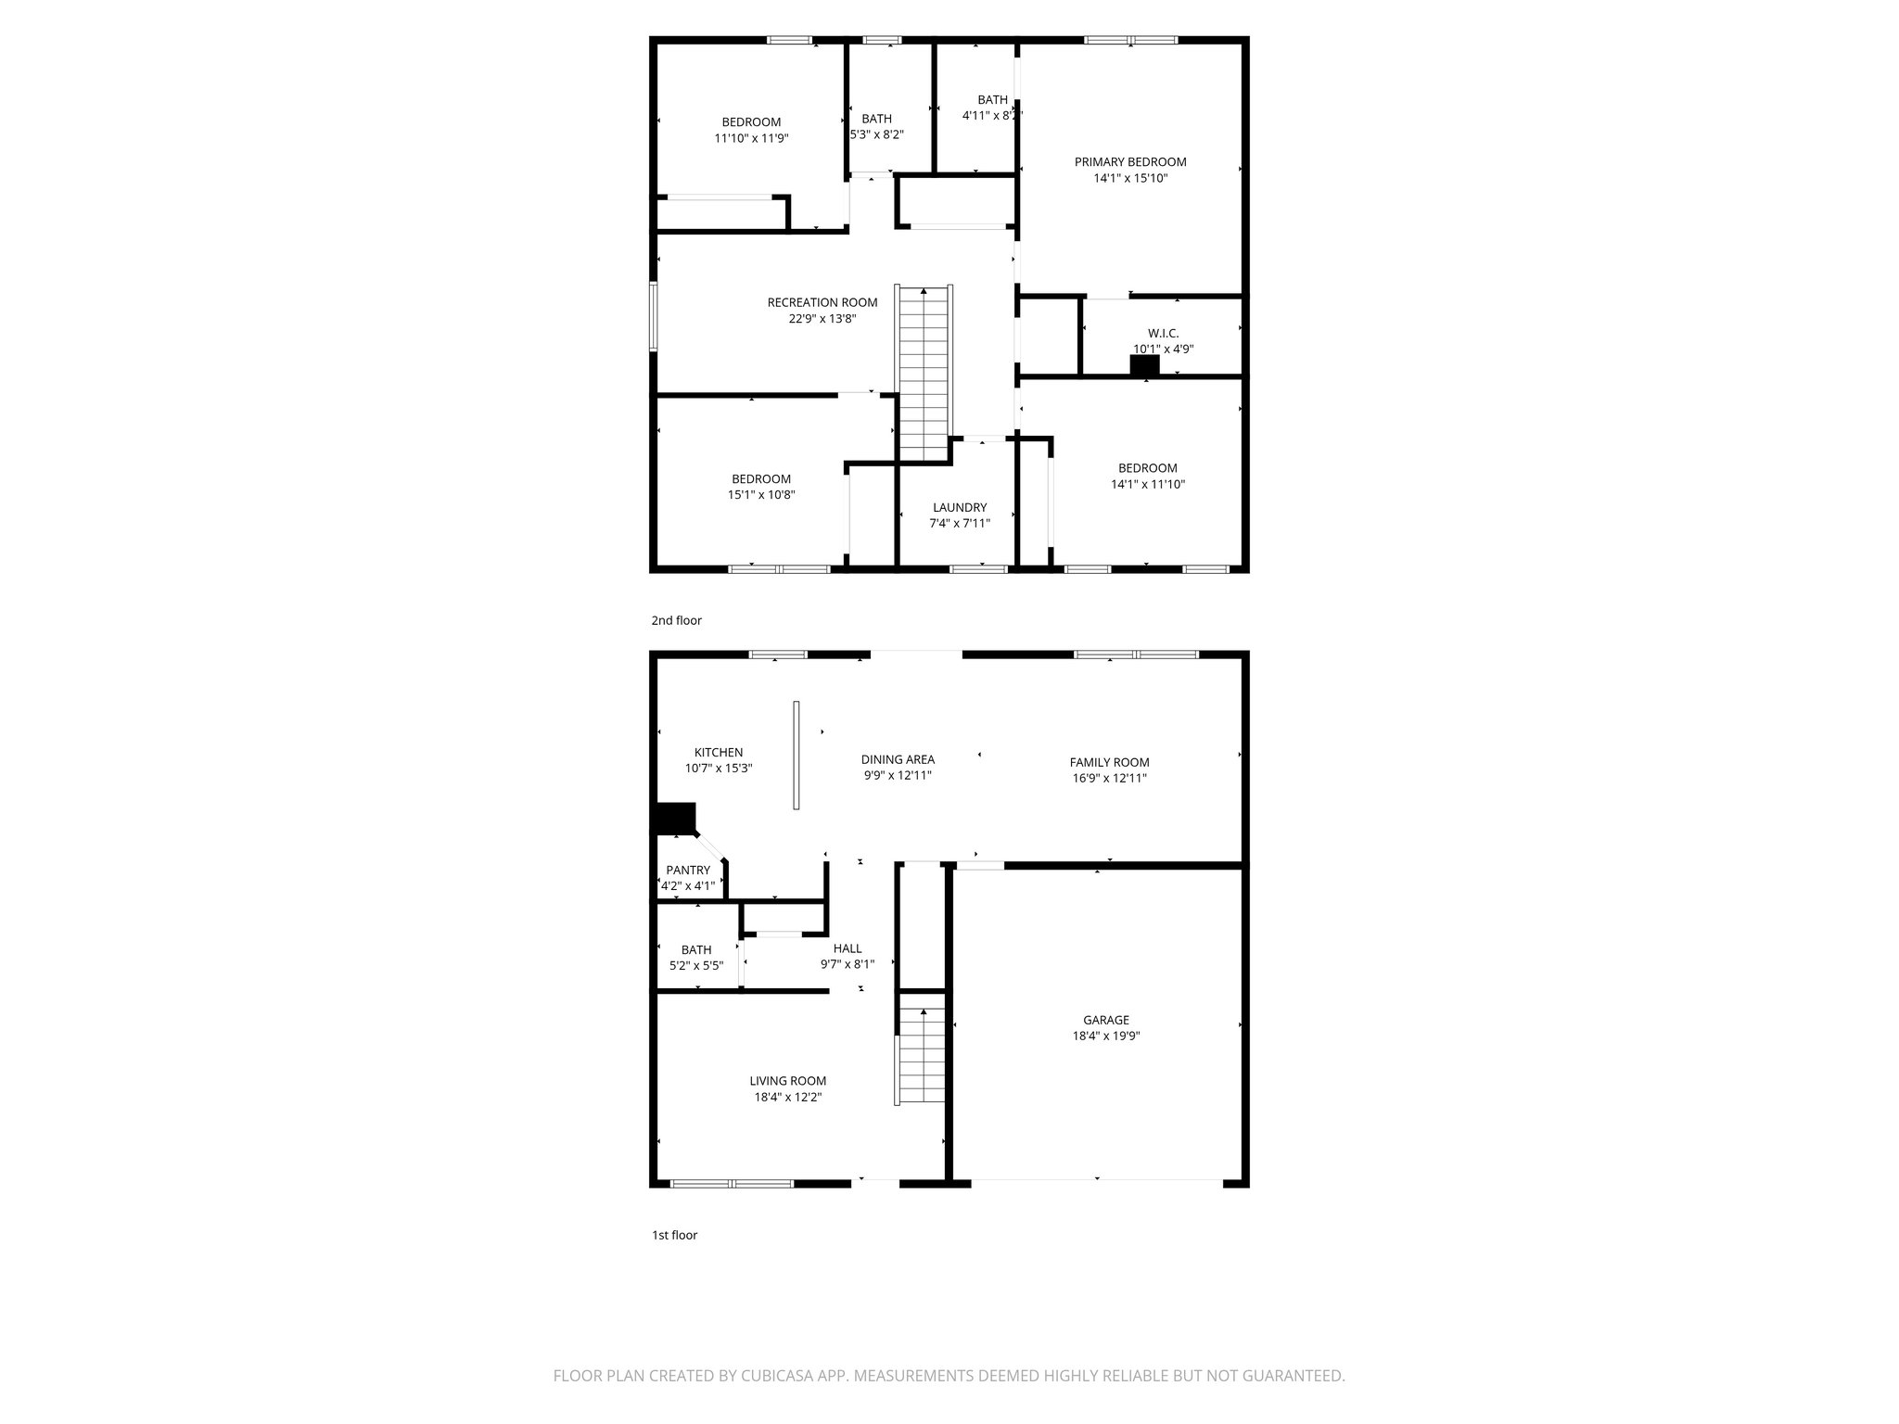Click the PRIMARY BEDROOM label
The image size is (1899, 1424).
[1129, 162]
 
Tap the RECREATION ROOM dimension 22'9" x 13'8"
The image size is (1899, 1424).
[822, 319]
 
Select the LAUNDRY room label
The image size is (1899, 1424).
[959, 508]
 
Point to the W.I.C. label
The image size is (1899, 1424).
[1163, 334]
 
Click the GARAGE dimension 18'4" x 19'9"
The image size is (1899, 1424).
[1105, 1036]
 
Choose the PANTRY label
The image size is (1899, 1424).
[687, 871]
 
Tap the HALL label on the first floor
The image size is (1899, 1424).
[847, 948]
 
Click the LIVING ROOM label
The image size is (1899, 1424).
[787, 1081]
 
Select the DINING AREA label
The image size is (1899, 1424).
[897, 760]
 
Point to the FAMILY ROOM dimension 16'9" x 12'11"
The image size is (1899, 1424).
[1109, 779]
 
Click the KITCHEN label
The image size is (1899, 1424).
[718, 753]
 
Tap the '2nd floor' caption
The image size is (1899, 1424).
[676, 621]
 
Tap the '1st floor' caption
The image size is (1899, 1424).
[673, 1236]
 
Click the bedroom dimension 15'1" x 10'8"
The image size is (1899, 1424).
[760, 495]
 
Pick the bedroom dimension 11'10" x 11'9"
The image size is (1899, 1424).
[751, 138]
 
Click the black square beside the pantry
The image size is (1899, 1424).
[674, 819]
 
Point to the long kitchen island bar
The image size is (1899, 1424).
[796, 755]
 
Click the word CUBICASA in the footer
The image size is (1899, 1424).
[759, 1402]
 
